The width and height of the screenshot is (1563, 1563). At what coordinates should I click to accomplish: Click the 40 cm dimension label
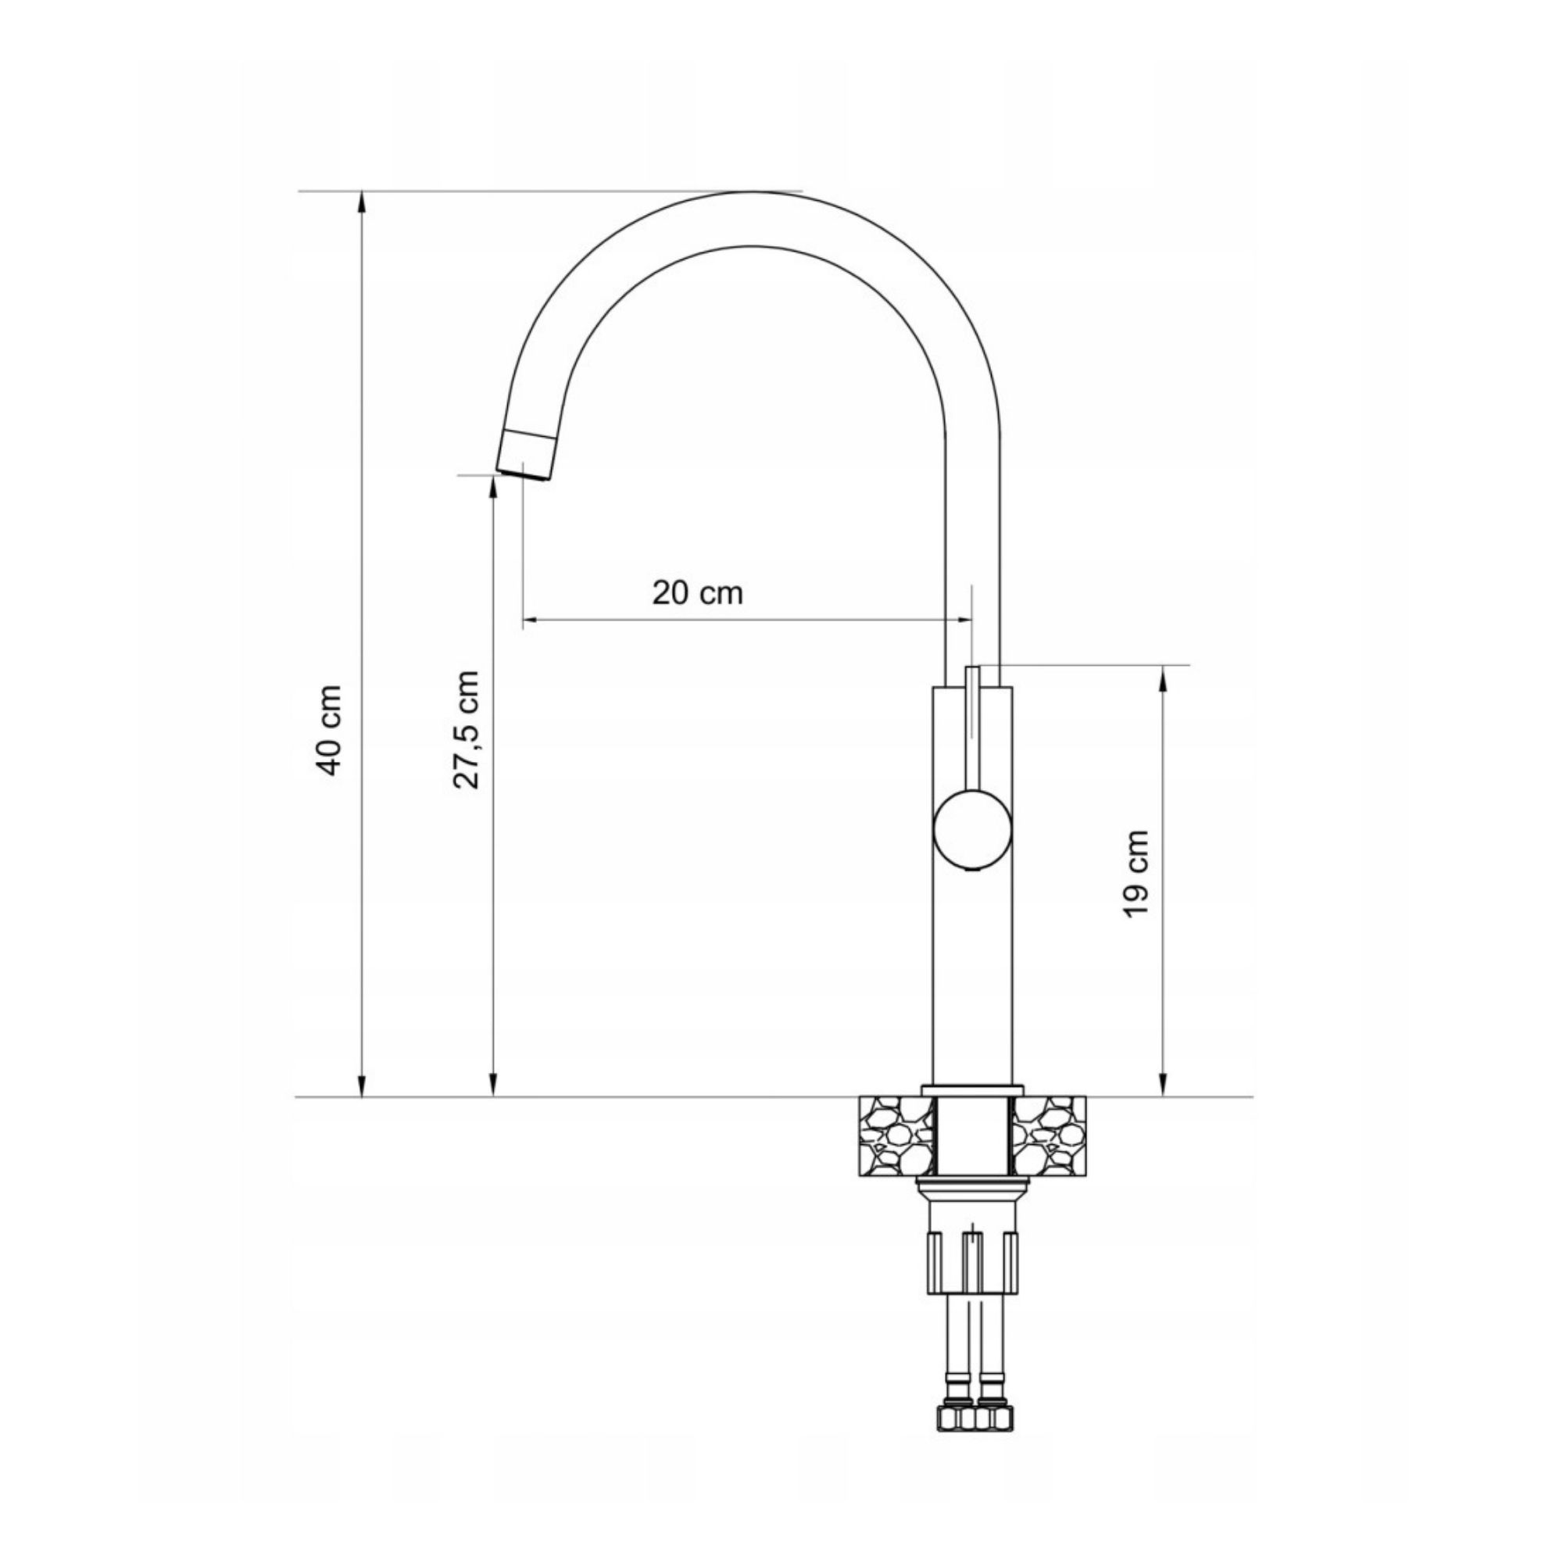tap(330, 730)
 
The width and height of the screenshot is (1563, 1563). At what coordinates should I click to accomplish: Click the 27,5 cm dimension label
tap(467, 729)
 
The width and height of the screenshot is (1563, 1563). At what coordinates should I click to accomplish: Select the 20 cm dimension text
tap(697, 593)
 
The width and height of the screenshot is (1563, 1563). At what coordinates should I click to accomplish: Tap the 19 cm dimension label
tap(1136, 874)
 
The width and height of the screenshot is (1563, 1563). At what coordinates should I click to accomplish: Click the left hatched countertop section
tap(893, 1135)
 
